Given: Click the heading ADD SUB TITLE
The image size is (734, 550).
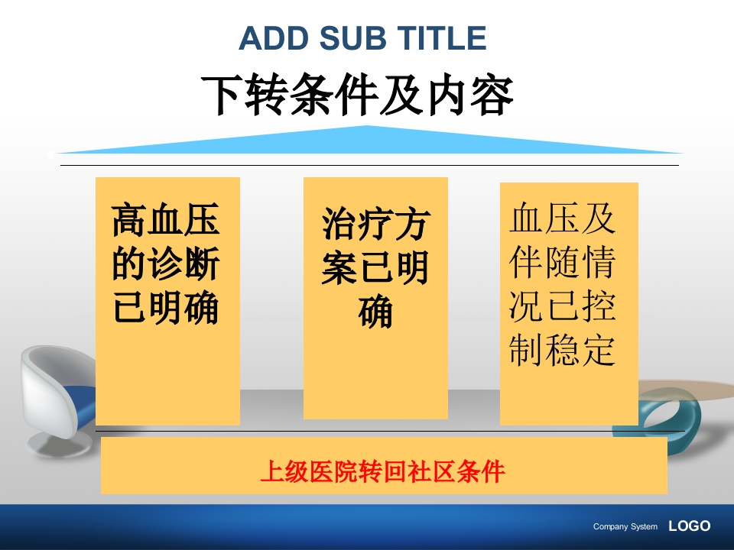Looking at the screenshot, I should point(362,38).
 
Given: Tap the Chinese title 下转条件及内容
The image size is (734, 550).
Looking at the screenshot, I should point(357,95).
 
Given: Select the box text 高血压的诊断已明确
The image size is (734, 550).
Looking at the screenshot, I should point(166,264).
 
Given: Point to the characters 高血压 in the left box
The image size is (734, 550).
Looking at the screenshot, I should point(166,220).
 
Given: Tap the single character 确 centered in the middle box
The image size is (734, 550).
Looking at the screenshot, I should point(375,312).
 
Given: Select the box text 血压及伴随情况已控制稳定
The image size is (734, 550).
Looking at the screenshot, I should point(563,283).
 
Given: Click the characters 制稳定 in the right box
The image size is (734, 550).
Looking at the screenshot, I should point(563,350).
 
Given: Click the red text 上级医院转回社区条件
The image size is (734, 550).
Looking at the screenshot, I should point(383,471).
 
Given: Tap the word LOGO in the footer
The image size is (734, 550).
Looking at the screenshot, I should point(689,526).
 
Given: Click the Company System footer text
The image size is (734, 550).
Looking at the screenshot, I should point(625,526).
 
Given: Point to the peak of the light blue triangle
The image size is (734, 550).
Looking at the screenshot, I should point(368,128).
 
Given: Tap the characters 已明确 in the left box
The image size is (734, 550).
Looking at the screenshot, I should point(166,308).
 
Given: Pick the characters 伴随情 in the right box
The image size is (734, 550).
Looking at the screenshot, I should point(563,263).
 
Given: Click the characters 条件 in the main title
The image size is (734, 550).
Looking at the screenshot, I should point(334,95).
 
